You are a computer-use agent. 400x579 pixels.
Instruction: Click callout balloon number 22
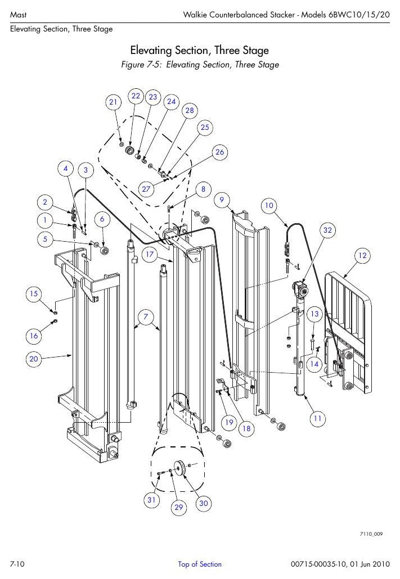136,96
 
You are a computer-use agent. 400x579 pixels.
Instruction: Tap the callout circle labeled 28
190,110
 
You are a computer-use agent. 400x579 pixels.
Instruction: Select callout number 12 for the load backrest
363,255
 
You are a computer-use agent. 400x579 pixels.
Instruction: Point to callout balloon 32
328,230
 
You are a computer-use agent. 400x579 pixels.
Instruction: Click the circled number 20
34,359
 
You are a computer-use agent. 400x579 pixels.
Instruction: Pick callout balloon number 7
146,317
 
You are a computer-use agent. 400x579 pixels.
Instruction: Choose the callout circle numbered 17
149,255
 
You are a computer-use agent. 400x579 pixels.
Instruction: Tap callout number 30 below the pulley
204,503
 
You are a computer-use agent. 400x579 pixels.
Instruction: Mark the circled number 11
317,418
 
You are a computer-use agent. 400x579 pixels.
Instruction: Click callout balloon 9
222,200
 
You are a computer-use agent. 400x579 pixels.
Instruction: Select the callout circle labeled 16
34,336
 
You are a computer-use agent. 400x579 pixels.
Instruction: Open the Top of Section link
200,564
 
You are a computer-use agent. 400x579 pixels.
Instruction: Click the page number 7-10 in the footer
17,564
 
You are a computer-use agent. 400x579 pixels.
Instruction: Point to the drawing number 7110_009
371,534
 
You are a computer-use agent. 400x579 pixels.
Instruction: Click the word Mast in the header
18,15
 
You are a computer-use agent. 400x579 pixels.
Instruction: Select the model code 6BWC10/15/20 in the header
358,15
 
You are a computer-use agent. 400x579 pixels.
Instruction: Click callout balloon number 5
45,239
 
